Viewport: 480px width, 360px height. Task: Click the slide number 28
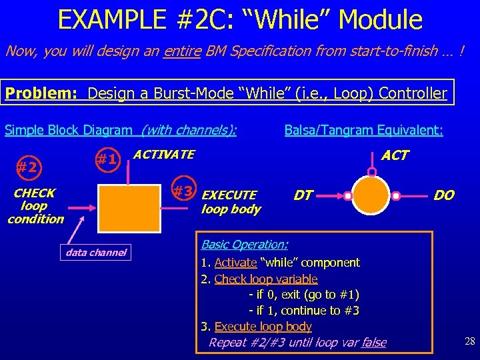point(469,342)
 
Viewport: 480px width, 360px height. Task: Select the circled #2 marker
point(27,167)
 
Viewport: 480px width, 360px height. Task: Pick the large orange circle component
point(373,196)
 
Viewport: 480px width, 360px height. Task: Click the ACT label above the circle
point(395,155)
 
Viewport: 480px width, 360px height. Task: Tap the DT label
point(303,195)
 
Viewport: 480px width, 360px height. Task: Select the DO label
point(443,195)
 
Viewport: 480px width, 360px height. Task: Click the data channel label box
point(96,252)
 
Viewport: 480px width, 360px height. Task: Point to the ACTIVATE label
point(164,155)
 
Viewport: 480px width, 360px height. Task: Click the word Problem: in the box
point(42,93)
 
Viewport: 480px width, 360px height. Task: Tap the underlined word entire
point(181,51)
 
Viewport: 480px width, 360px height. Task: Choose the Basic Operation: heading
point(245,245)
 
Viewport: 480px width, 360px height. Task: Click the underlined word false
point(373,342)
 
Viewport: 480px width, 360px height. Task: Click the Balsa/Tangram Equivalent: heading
point(363,131)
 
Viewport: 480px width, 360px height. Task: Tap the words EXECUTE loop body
point(230,202)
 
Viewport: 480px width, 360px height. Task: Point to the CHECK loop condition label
point(35,205)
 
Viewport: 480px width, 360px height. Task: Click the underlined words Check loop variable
point(266,279)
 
